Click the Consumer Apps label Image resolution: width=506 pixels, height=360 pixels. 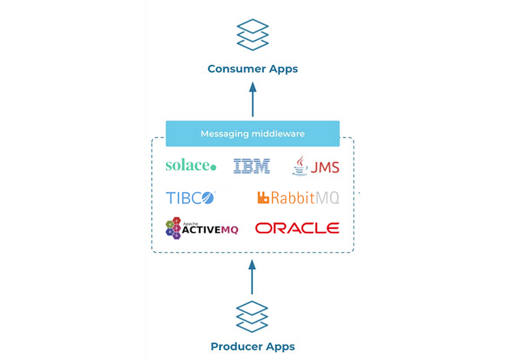[252, 69]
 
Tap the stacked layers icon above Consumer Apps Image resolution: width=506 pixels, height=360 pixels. [252, 35]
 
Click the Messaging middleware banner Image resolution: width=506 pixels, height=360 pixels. [252, 134]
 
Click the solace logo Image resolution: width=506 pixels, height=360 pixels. [190, 165]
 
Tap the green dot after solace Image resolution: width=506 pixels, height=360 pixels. [213, 167]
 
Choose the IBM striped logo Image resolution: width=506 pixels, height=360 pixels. [252, 166]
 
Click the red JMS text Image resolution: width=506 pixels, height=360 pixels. [325, 167]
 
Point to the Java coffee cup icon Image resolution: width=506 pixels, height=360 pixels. [300, 165]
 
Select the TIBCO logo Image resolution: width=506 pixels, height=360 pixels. [190, 197]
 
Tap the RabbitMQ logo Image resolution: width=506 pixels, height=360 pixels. [298, 197]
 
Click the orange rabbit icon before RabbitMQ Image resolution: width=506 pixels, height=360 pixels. [263, 197]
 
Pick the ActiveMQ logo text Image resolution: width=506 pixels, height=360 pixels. [210, 229]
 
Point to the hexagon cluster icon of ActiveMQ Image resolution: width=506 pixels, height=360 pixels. [173, 228]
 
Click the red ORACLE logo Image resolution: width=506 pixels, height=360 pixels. [297, 228]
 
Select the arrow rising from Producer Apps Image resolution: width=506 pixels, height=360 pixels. [252, 277]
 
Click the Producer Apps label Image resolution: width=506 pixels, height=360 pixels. [252, 346]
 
